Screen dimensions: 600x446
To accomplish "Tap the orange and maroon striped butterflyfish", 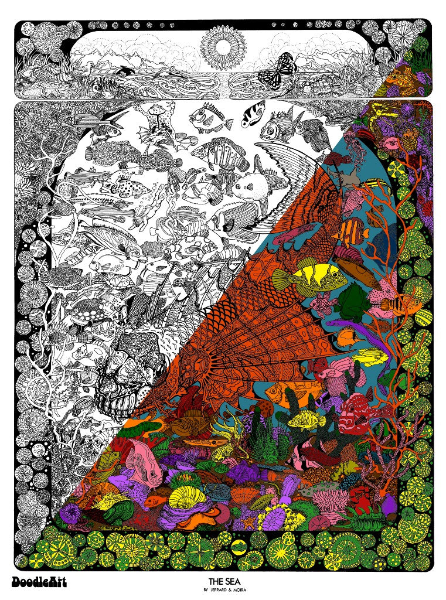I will [x=352, y=228].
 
